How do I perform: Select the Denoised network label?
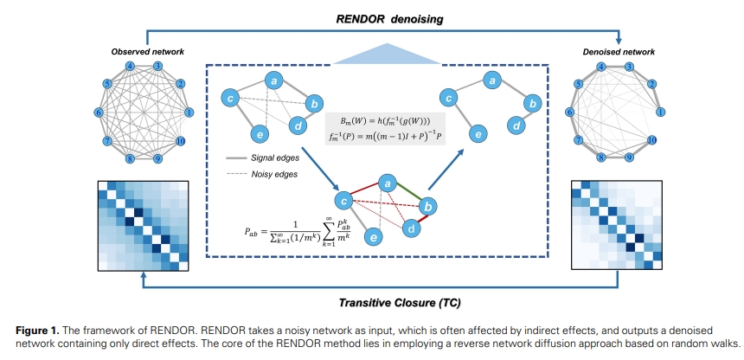click(x=619, y=52)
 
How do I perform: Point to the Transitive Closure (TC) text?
click(x=377, y=303)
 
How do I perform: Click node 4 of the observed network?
click(x=129, y=67)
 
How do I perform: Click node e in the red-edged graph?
click(x=372, y=236)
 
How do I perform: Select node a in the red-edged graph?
click(x=388, y=184)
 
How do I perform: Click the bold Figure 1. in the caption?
click(x=34, y=330)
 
